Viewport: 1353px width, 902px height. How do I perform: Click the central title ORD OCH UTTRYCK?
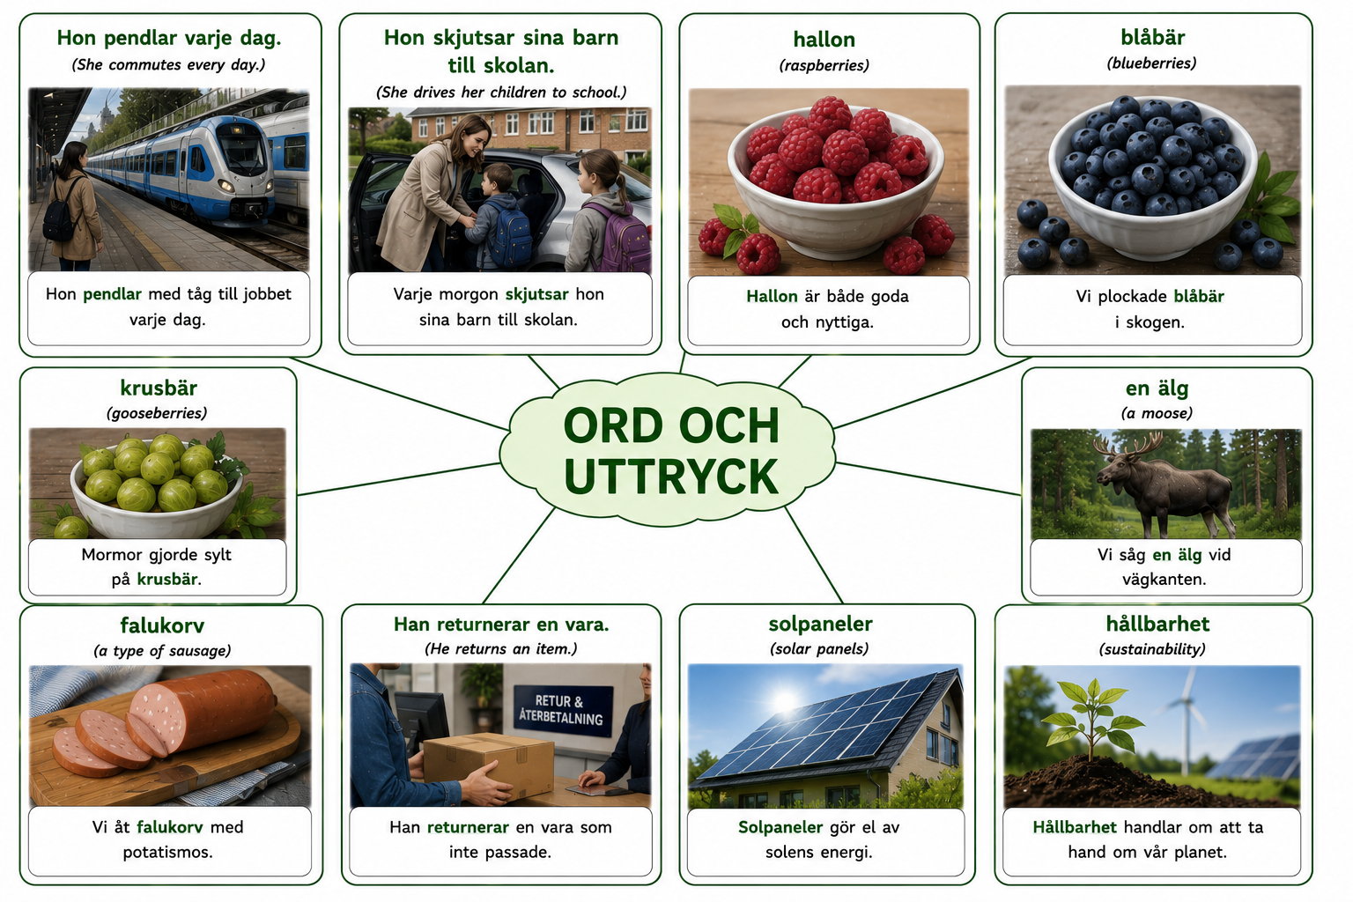(671, 451)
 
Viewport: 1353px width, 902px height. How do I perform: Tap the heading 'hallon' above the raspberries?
(824, 40)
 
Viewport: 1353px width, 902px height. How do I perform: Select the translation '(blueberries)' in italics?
(1151, 63)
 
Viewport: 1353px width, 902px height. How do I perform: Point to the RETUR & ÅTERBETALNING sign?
(561, 710)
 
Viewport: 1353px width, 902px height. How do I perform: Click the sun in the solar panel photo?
(784, 701)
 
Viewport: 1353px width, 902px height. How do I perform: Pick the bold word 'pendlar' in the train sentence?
(112, 294)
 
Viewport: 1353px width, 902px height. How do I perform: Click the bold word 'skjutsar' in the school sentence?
(536, 294)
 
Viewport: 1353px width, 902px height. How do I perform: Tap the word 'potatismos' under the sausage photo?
(167, 853)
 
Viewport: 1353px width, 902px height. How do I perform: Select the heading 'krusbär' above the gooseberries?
(159, 388)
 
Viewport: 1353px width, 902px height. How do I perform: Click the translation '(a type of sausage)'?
(162, 651)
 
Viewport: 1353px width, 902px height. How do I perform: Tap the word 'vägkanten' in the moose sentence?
(1164, 580)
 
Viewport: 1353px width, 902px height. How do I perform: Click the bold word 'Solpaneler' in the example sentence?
(780, 827)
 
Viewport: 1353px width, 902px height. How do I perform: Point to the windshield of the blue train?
(242, 147)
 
